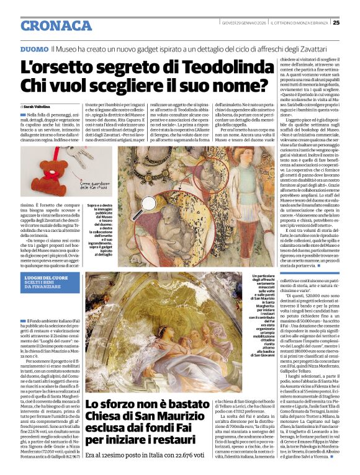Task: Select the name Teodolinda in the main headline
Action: click(203, 66)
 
